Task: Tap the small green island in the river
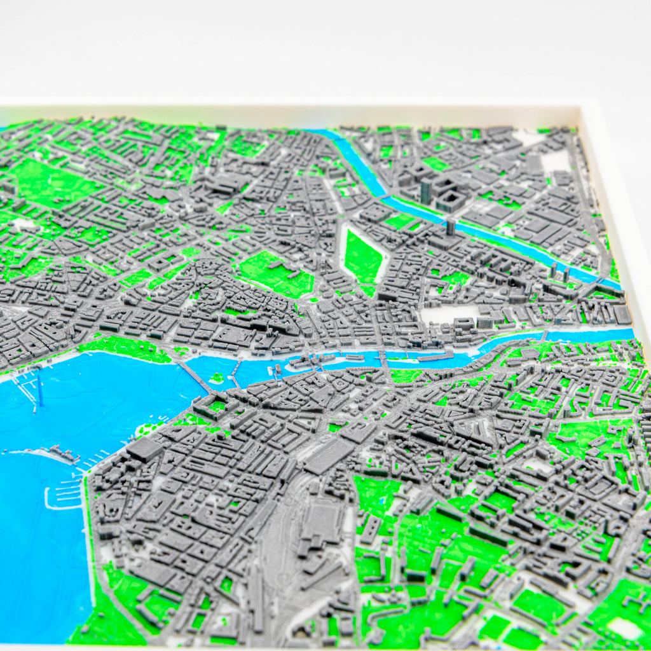pyautogui.click(x=218, y=378)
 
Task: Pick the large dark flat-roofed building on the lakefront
pyautogui.click(x=144, y=449)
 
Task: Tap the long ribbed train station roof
pyautogui.click(x=329, y=455)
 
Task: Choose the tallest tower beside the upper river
pyautogui.click(x=426, y=190)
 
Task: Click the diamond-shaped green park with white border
pyautogui.click(x=363, y=257)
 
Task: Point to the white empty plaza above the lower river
pyautogui.click(x=448, y=315)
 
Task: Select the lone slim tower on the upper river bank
pyautogui.click(x=451, y=226)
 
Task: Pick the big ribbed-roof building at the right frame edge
pyautogui.click(x=622, y=315)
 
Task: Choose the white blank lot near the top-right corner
pyautogui.click(x=556, y=161)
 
